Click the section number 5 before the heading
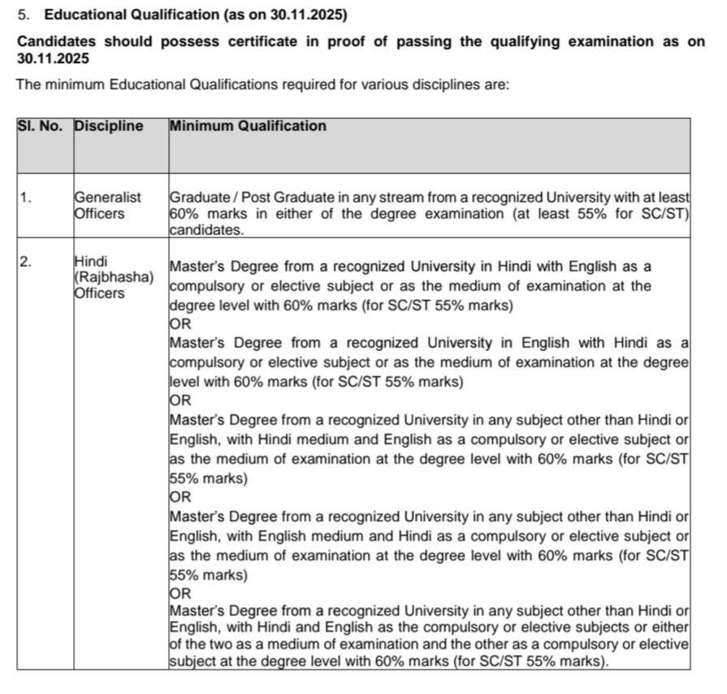[23, 15]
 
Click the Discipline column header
[109, 127]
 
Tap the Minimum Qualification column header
[248, 127]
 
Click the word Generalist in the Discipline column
[107, 197]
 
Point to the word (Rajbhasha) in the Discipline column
[114, 277]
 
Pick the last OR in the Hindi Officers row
[180, 593]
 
